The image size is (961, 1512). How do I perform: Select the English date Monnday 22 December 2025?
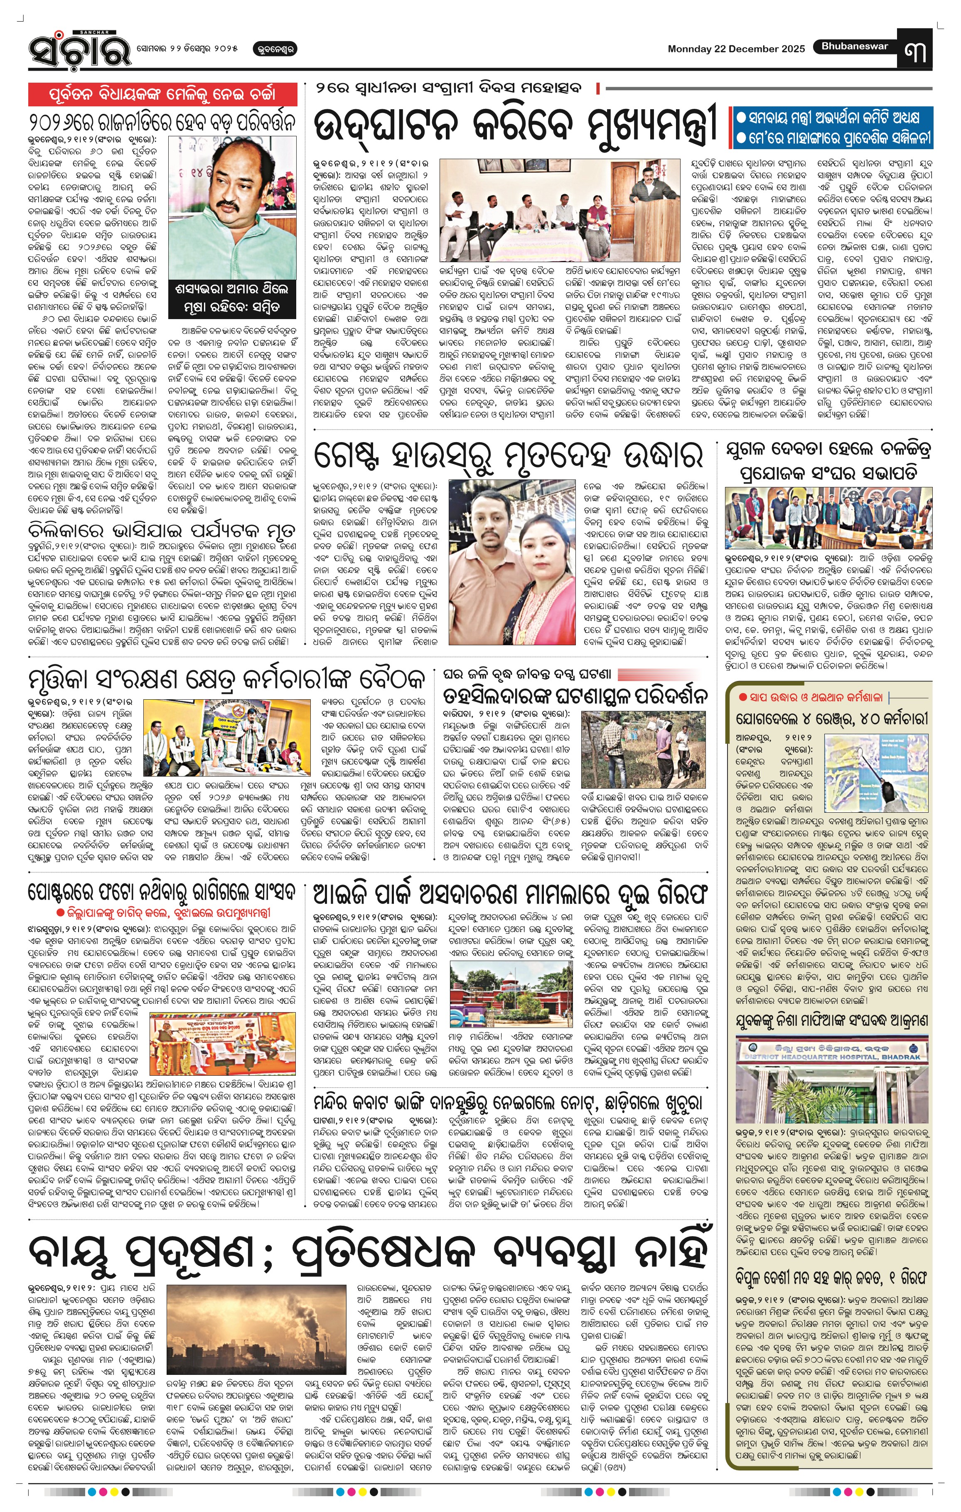pyautogui.click(x=736, y=49)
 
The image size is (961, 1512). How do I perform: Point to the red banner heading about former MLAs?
pyautogui.click(x=162, y=95)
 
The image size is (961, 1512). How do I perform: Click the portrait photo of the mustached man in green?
pyautogui.click(x=232, y=207)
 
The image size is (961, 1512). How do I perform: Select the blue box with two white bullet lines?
pyautogui.click(x=832, y=128)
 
